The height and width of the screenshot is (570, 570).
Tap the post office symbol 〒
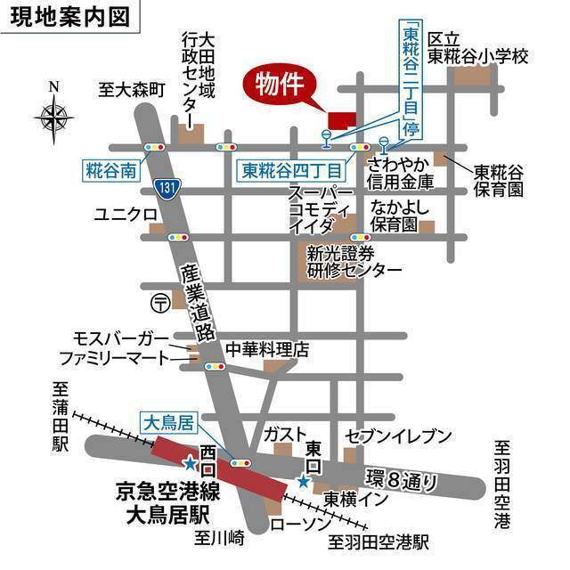[x=159, y=302]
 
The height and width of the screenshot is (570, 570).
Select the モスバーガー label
[x=122, y=338]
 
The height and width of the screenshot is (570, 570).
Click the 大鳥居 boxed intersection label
[x=165, y=423]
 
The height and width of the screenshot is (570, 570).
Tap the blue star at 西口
[x=190, y=463]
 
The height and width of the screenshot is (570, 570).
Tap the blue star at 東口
[x=303, y=482]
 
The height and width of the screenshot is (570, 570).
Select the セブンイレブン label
[x=398, y=435]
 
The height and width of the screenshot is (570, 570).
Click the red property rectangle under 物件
[x=340, y=119]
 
